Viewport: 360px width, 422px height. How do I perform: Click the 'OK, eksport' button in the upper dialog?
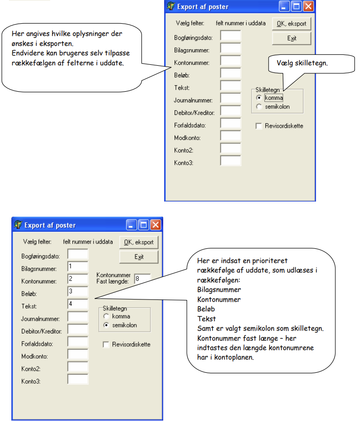coord(291,24)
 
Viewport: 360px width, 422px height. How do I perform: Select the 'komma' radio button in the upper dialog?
coord(259,98)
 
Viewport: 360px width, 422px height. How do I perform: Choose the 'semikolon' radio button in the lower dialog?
coord(106,325)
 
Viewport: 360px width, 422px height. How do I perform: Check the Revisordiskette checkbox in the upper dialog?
coord(259,126)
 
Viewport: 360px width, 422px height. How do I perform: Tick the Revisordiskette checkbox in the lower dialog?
coord(106,344)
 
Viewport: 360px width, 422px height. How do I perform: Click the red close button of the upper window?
coord(308,6)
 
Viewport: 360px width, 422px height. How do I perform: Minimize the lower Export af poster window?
coord(132,225)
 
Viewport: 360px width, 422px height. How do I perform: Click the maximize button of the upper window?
coord(296,6)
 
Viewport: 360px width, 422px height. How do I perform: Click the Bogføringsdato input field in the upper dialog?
coord(230,35)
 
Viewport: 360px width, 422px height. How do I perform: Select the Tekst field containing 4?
coord(78,304)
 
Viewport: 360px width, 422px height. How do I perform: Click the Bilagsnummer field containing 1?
coord(78,267)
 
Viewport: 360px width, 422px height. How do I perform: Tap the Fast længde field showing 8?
coord(142,279)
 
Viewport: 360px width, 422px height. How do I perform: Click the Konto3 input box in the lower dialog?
coord(78,379)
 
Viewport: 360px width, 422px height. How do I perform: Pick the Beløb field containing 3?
coord(78,291)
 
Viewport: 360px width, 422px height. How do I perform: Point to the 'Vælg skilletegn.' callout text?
coord(302,63)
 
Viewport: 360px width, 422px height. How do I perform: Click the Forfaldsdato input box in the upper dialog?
coord(230,123)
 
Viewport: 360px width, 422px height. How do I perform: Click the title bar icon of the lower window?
coord(18,224)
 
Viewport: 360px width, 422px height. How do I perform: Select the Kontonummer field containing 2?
coord(78,279)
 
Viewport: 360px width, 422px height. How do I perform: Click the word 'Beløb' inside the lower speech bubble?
coord(206,309)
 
